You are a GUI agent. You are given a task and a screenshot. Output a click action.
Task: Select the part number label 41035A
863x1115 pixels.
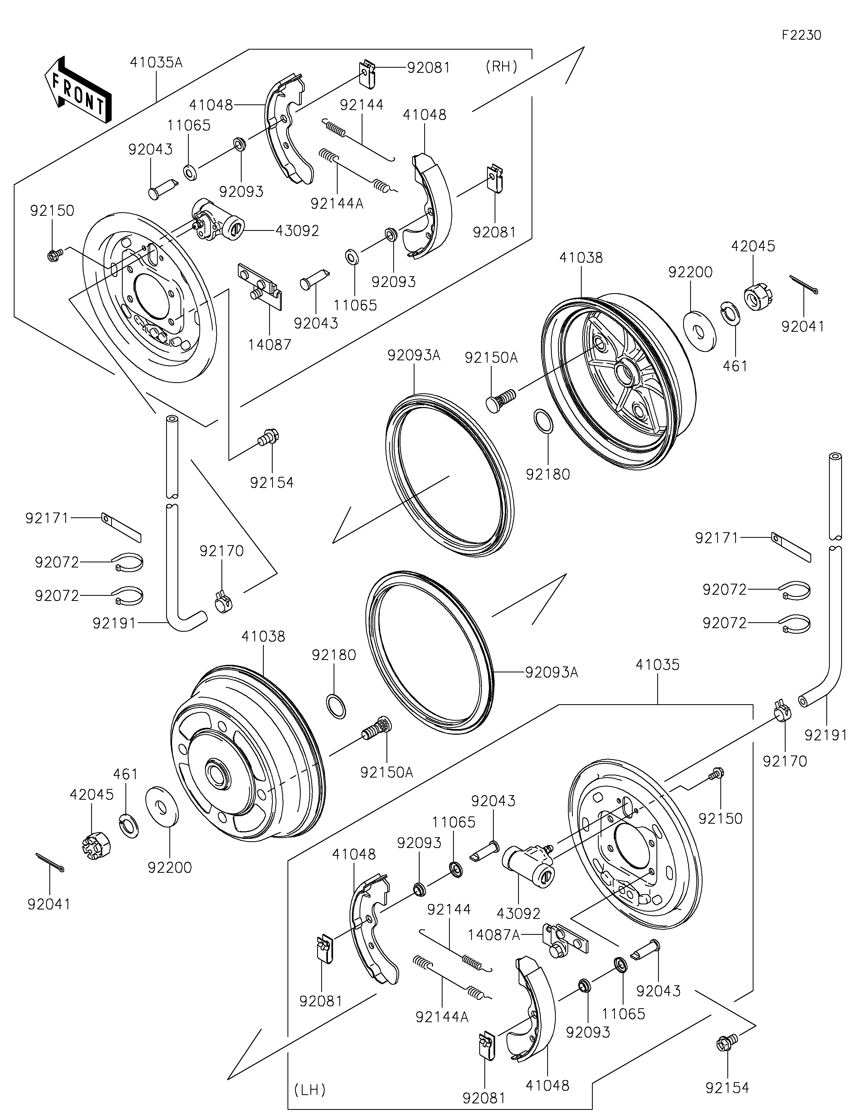tap(156, 63)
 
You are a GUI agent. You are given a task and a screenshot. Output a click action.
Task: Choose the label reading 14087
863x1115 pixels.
tap(270, 345)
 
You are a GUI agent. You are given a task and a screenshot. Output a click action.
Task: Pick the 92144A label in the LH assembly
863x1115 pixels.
tap(442, 1017)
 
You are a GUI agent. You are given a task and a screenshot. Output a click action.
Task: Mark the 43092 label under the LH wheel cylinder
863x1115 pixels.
tap(519, 913)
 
